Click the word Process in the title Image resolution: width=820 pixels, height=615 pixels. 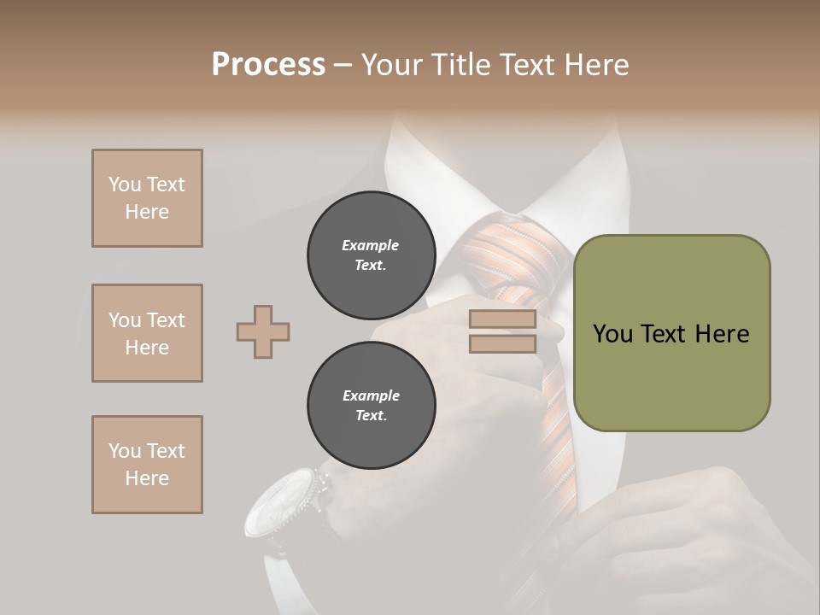pos(268,65)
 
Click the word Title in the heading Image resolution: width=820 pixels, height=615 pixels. pos(459,65)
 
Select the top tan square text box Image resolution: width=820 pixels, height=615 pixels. pos(147,198)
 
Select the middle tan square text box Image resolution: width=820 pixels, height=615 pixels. pos(147,333)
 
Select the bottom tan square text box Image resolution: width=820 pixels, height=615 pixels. pos(147,465)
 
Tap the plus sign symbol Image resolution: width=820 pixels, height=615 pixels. pos(263,331)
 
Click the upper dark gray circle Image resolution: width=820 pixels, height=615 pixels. pos(371,255)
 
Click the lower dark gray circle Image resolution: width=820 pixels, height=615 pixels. pos(371,406)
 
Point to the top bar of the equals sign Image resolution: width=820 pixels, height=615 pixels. pos(502,319)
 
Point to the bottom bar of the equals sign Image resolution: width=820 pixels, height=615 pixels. pos(502,344)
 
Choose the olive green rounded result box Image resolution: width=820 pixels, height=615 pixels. pos(671,333)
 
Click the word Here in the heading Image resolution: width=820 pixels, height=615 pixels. pos(595,65)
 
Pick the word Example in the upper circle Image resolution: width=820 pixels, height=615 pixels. pos(371,245)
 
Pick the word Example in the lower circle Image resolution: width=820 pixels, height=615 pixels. pos(371,395)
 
